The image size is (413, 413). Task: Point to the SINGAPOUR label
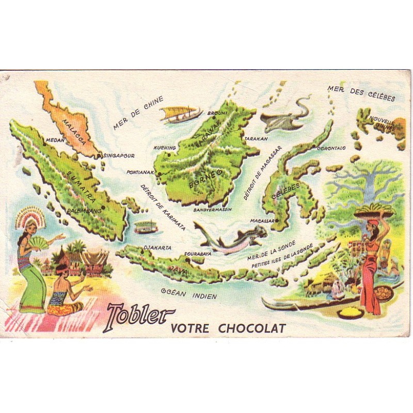[x=119, y=155]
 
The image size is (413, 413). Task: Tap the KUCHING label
[x=165, y=148]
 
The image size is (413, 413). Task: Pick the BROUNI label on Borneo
[x=214, y=113]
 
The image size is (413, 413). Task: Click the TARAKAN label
[x=256, y=139]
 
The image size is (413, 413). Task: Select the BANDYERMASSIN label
[x=213, y=210]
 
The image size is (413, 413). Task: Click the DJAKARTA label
[x=157, y=247]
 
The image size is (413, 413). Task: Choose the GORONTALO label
[x=331, y=148]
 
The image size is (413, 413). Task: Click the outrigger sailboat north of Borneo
[x=180, y=114]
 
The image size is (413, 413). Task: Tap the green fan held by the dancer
[x=39, y=242]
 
